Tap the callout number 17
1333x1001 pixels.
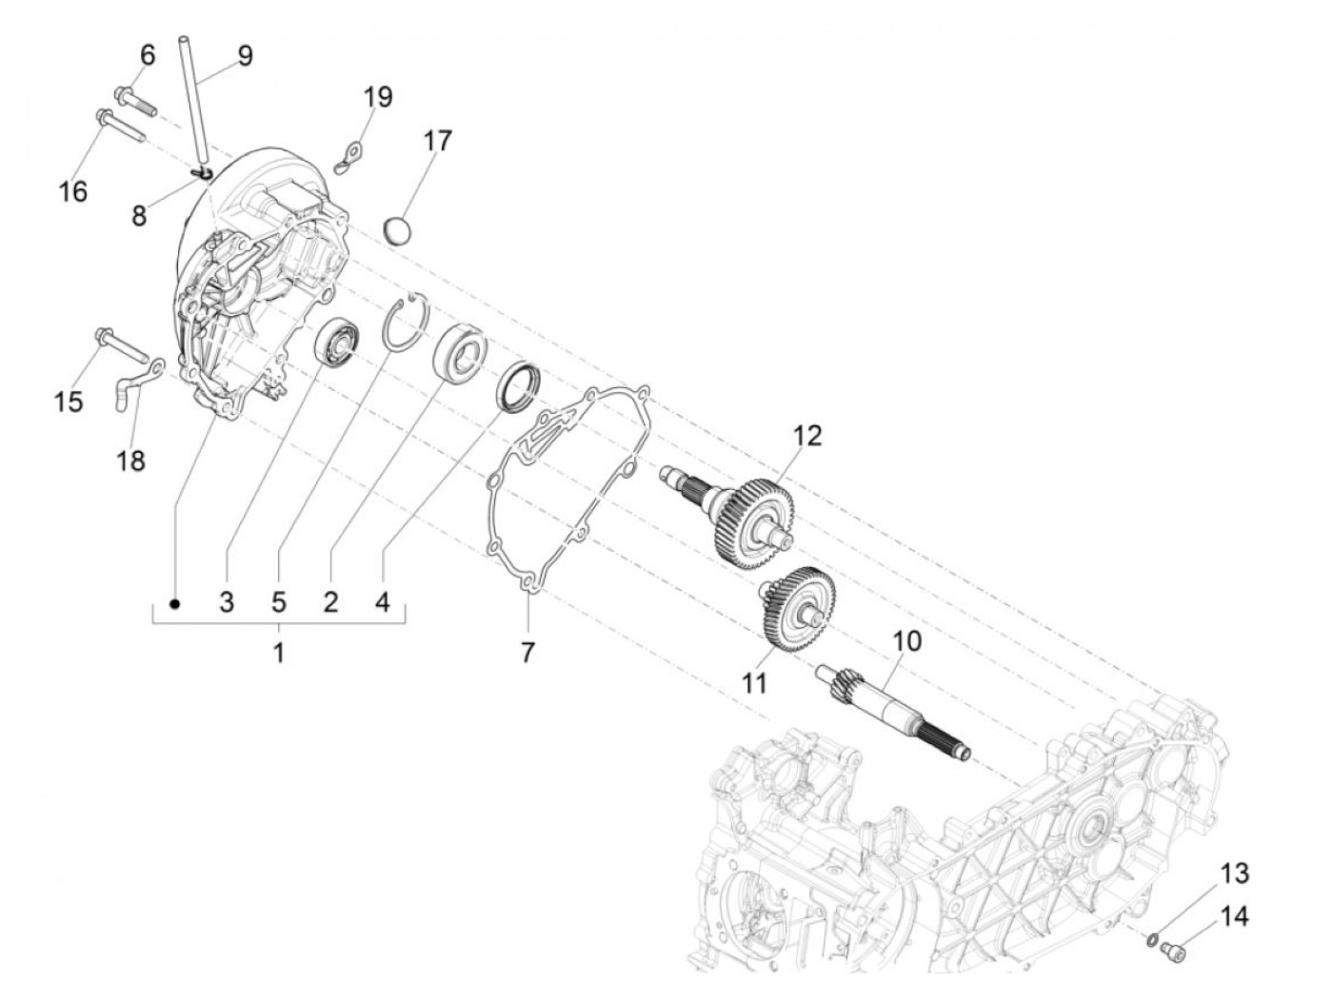[x=437, y=141]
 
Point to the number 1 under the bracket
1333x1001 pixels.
[x=278, y=654]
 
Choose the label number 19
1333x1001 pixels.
[x=378, y=97]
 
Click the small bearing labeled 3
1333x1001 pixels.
[x=337, y=343]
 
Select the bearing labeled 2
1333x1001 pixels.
[x=461, y=353]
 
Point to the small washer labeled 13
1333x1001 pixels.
[x=1153, y=941]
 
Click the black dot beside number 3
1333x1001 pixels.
[x=173, y=603]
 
